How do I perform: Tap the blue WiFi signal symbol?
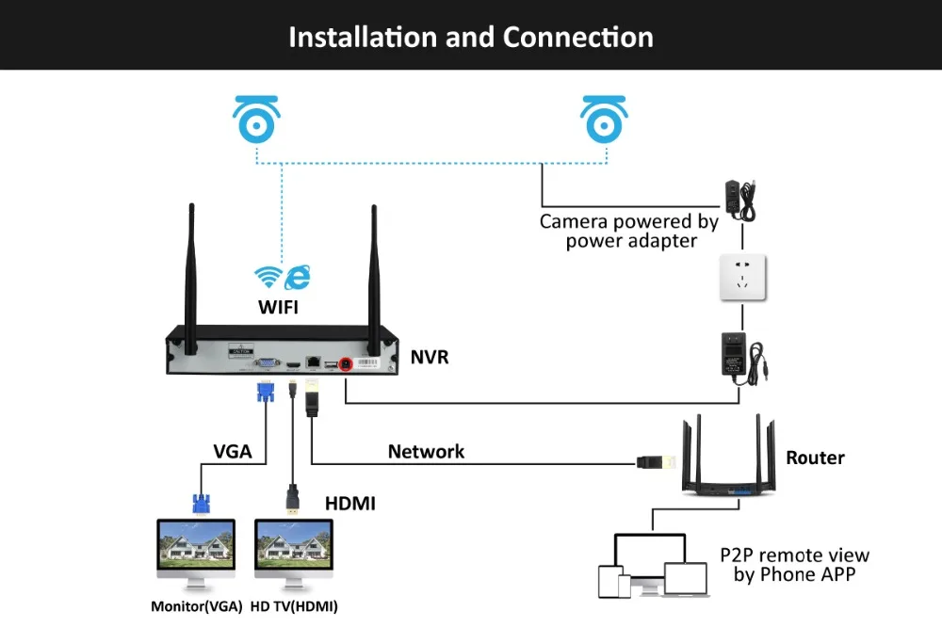268,276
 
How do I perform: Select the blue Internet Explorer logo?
298,278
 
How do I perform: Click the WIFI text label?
278,307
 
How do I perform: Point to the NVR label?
430,357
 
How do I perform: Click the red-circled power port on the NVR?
346,363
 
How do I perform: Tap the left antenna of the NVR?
191,279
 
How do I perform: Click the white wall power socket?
742,277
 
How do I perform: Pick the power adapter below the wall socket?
742,359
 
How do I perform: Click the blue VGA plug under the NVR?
266,392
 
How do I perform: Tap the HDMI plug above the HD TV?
293,500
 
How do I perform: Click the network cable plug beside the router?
656,462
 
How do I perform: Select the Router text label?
815,458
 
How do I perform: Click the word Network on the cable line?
426,452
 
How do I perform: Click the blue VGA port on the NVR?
267,362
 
